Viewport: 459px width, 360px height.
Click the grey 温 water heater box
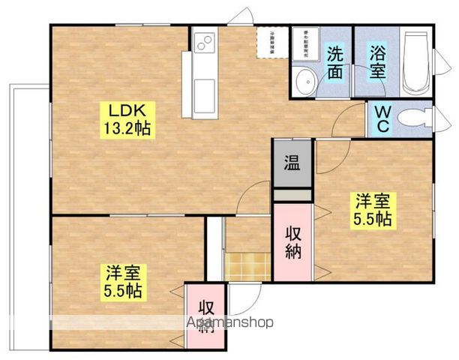[x=291, y=163]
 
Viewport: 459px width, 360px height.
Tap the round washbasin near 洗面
[x=304, y=82]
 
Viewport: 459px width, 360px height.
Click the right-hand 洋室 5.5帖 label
[x=373, y=209]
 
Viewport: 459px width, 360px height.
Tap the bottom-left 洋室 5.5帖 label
[x=124, y=281]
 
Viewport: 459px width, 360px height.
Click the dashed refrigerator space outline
[x=269, y=41]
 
